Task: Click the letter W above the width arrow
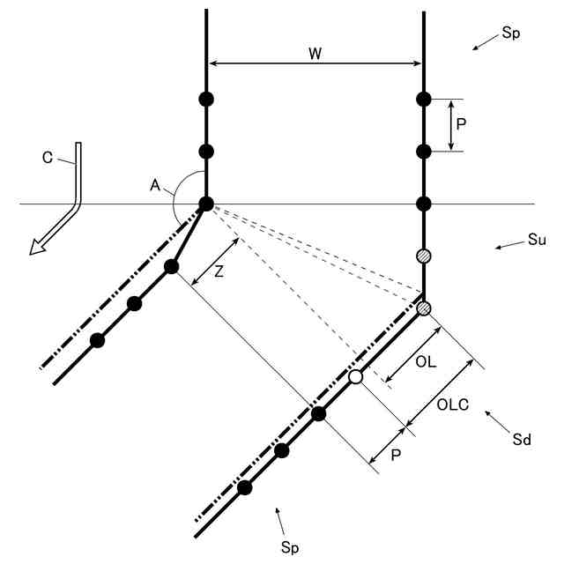(x=315, y=52)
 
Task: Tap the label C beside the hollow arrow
(x=48, y=159)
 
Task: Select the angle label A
(x=155, y=186)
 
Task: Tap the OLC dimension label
(x=452, y=405)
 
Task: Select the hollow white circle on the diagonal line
(x=355, y=376)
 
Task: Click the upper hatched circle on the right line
(x=424, y=256)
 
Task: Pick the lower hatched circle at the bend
(x=424, y=308)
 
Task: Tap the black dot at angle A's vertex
(x=206, y=204)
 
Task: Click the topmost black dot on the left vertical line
(x=206, y=99)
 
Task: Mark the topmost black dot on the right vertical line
(x=424, y=99)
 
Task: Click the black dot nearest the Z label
(x=172, y=266)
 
